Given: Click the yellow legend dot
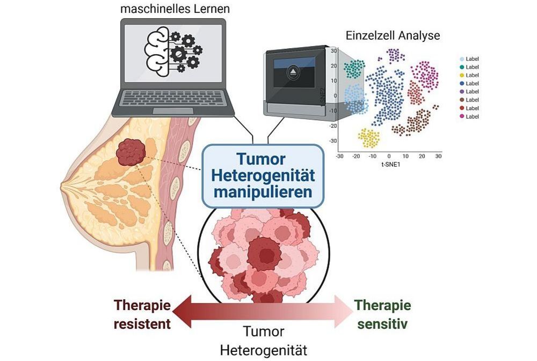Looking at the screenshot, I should coord(462,75).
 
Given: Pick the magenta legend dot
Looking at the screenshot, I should coord(462,116).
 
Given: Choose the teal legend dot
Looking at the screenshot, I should coord(462,67).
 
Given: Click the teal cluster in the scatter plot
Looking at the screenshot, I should coord(354,69).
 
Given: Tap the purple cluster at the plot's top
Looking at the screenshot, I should coord(396,55).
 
